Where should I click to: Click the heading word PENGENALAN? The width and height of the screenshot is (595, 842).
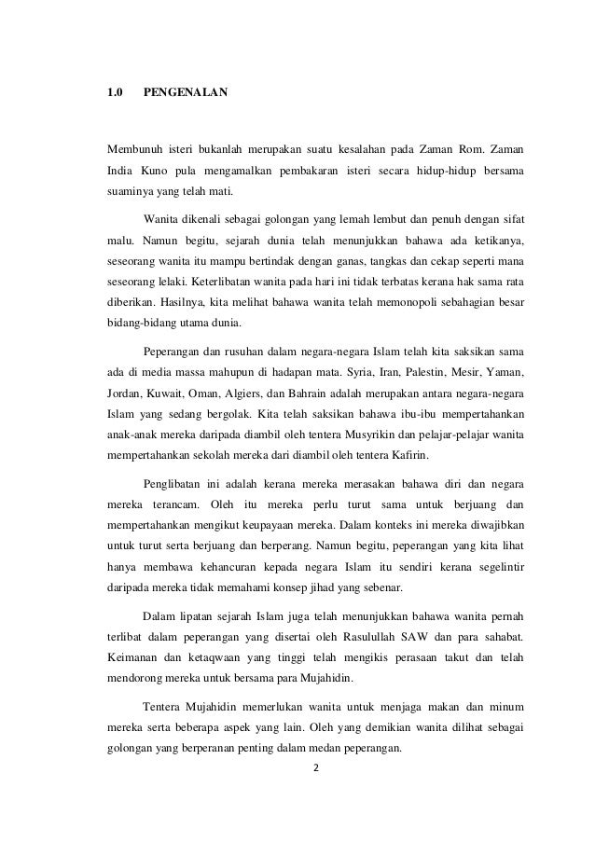click(x=184, y=93)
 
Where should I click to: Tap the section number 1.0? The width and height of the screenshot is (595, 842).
click(x=114, y=93)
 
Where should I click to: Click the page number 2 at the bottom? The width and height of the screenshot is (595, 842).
click(x=316, y=770)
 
